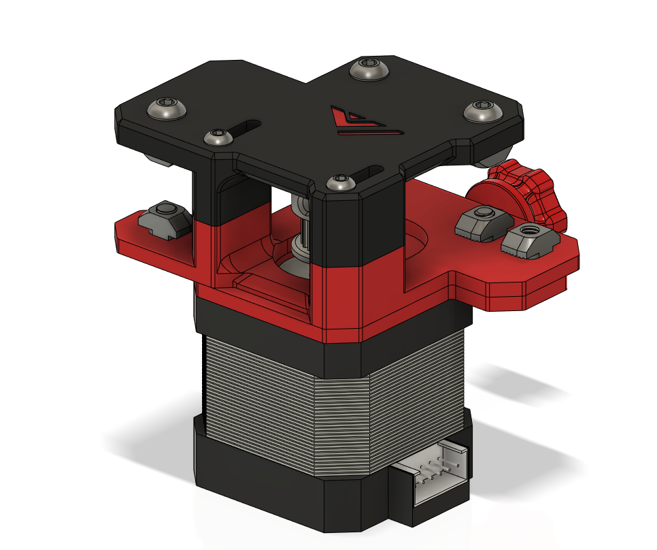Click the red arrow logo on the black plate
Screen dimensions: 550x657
361,120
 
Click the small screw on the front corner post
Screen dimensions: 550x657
339,182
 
